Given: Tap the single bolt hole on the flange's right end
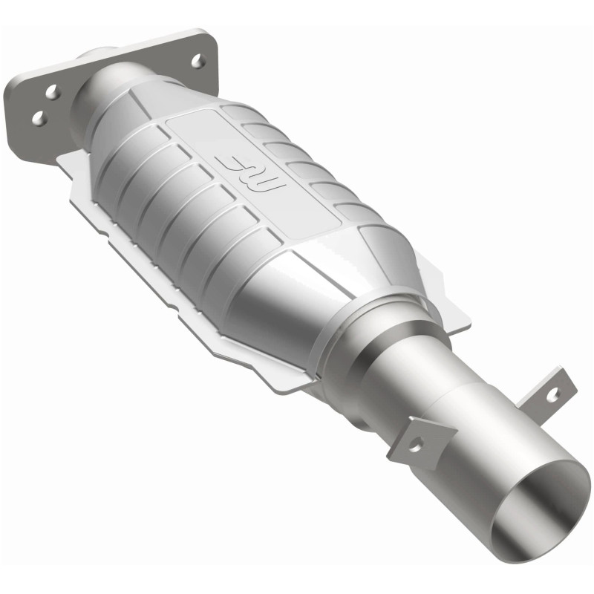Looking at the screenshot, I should click(x=198, y=61).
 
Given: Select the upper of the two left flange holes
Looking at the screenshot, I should click(x=51, y=92).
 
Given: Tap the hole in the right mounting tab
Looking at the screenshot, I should click(x=552, y=394).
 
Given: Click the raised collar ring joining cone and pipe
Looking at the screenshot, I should click(x=394, y=327).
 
